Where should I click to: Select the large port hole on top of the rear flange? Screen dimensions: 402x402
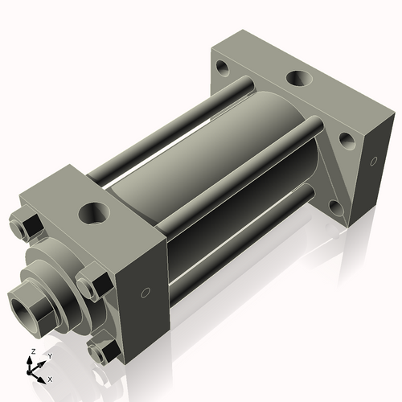[299, 79]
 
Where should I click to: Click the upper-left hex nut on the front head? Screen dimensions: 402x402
[28, 226]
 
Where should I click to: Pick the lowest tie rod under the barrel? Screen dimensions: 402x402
[241, 241]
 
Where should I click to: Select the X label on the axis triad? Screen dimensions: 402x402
[50, 378]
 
